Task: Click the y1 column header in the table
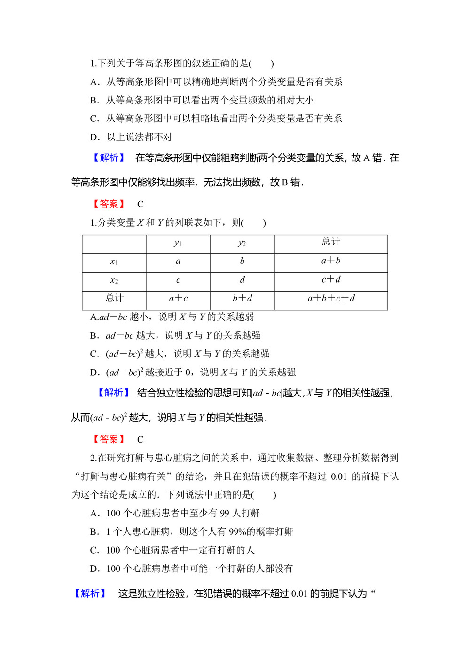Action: click(x=178, y=243)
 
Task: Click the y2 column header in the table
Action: click(x=242, y=243)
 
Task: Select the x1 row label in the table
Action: click(x=114, y=262)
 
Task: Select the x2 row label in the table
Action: click(x=114, y=281)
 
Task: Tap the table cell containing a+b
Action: click(x=331, y=261)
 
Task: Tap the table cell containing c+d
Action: click(x=331, y=280)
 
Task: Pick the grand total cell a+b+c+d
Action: click(x=331, y=299)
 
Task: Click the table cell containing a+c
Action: click(x=178, y=299)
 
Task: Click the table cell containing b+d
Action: click(x=242, y=299)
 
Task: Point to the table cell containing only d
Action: click(x=242, y=280)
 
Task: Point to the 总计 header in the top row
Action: click(x=331, y=242)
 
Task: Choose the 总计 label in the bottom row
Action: click(x=114, y=298)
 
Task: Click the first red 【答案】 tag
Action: click(x=109, y=204)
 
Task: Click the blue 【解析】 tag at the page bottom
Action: click(x=90, y=594)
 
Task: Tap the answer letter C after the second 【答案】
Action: click(x=140, y=440)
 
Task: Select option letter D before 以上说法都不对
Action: click(x=95, y=137)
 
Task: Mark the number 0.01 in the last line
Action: click(x=299, y=594)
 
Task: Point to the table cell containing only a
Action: click(x=178, y=261)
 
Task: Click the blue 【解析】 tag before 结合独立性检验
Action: click(x=113, y=393)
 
